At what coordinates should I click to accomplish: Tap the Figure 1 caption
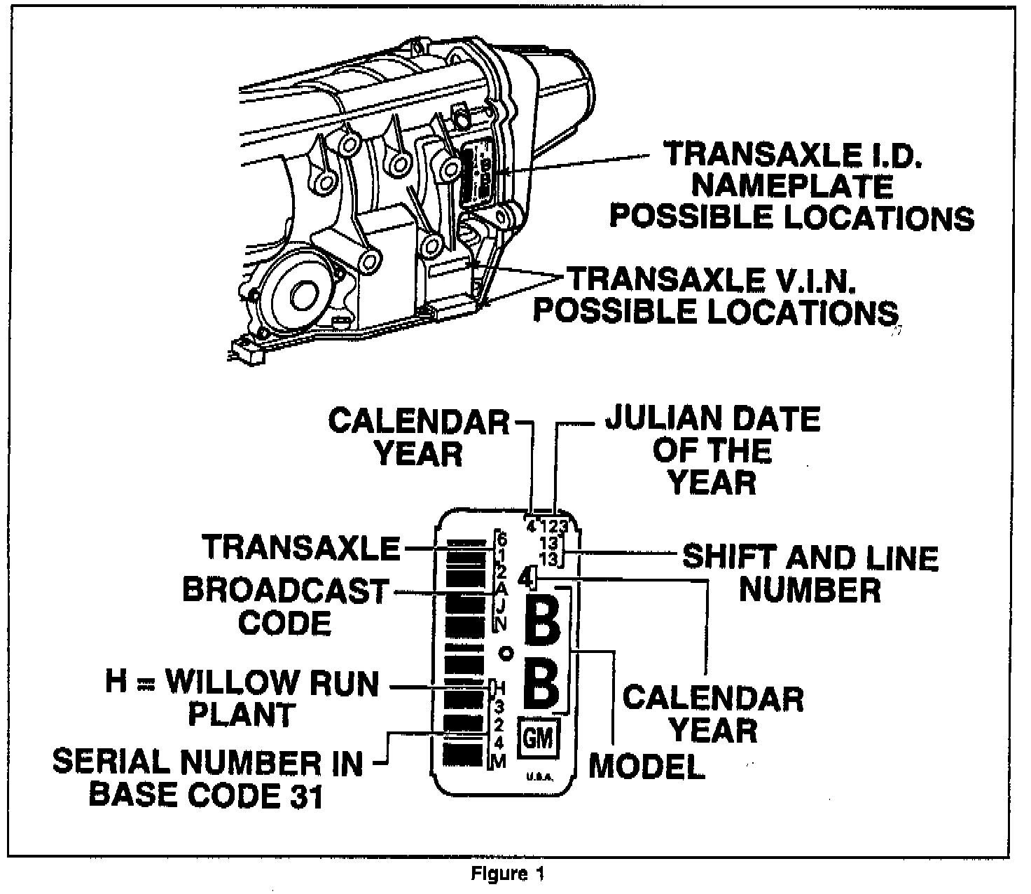[x=507, y=874]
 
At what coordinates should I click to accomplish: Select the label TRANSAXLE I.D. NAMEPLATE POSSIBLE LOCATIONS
[x=791, y=186]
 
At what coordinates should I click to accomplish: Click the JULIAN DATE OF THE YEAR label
[x=712, y=451]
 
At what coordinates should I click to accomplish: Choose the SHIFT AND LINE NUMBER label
[x=810, y=574]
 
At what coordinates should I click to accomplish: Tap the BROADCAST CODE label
[x=285, y=606]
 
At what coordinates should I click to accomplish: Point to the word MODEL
[x=646, y=766]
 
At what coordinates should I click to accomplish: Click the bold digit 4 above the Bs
[x=527, y=578]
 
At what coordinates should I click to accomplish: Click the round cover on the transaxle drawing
[x=300, y=294]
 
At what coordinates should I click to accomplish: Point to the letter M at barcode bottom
[x=498, y=763]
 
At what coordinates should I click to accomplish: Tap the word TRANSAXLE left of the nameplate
[x=300, y=547]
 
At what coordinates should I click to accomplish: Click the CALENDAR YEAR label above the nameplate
[x=419, y=437]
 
